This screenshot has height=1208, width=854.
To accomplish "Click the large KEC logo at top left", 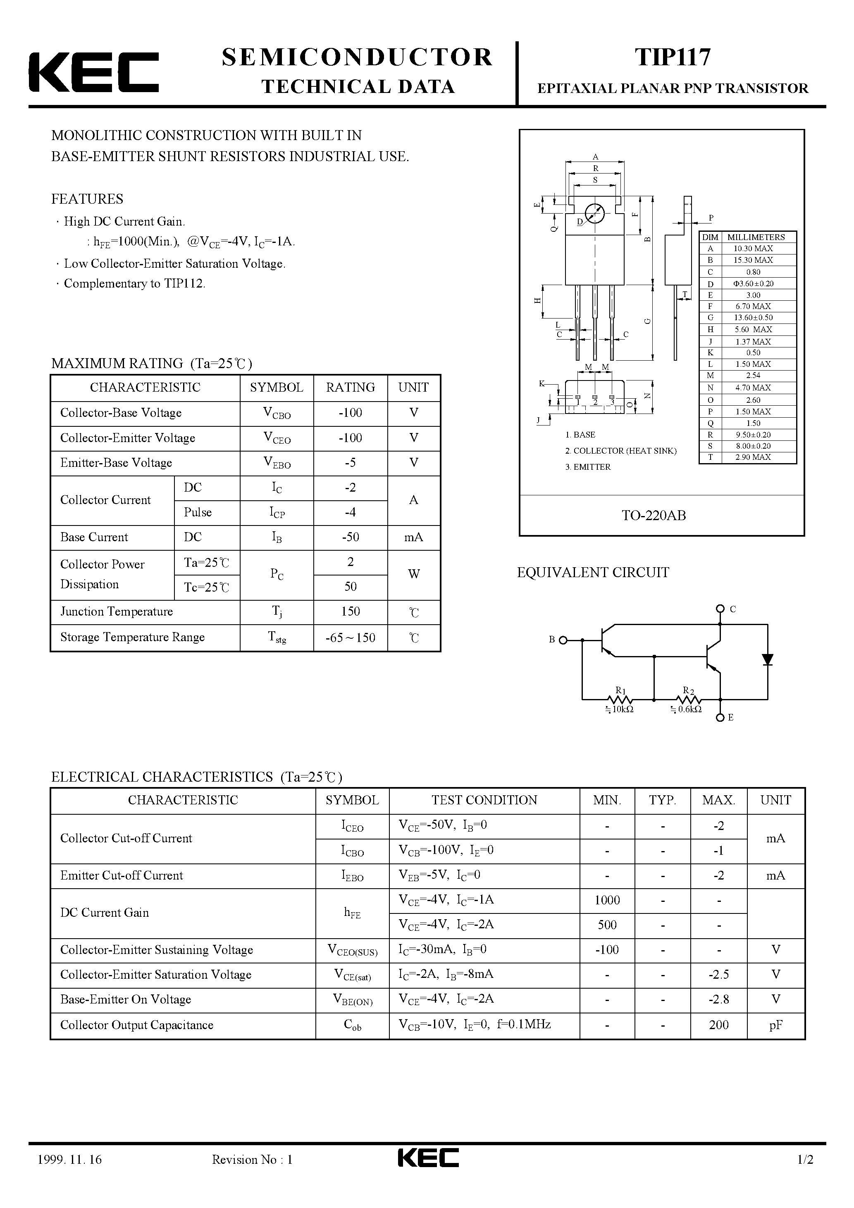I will point(94,73).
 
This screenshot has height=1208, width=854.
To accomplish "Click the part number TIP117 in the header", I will point(673,57).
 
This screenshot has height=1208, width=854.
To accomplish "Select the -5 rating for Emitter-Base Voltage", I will point(350,462).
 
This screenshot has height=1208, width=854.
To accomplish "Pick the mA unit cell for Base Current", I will point(413,537).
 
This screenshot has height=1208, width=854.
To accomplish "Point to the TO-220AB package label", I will point(654,516).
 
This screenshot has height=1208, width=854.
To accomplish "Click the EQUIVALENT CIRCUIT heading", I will point(593,573).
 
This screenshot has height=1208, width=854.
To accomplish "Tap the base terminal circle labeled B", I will point(563,640).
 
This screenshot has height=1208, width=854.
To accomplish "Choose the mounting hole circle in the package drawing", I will point(594,213).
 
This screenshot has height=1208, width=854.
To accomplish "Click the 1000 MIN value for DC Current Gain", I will point(607,900).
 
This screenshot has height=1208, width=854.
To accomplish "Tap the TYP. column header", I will point(662,800).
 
